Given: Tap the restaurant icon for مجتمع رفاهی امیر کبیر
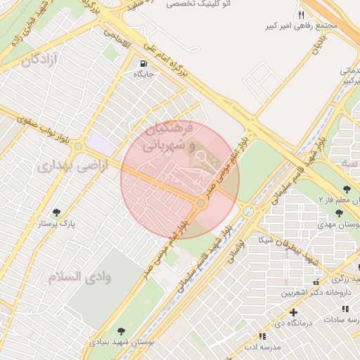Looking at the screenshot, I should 301,15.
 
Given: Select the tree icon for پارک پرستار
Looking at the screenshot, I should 57,212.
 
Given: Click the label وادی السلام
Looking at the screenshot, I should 80,276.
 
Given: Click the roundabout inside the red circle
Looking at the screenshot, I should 201,203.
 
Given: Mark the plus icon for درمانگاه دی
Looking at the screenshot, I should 293,311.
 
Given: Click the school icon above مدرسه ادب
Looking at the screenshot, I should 262,336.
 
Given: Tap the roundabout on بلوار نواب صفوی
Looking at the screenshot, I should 78,146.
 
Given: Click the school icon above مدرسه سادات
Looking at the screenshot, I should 345,309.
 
